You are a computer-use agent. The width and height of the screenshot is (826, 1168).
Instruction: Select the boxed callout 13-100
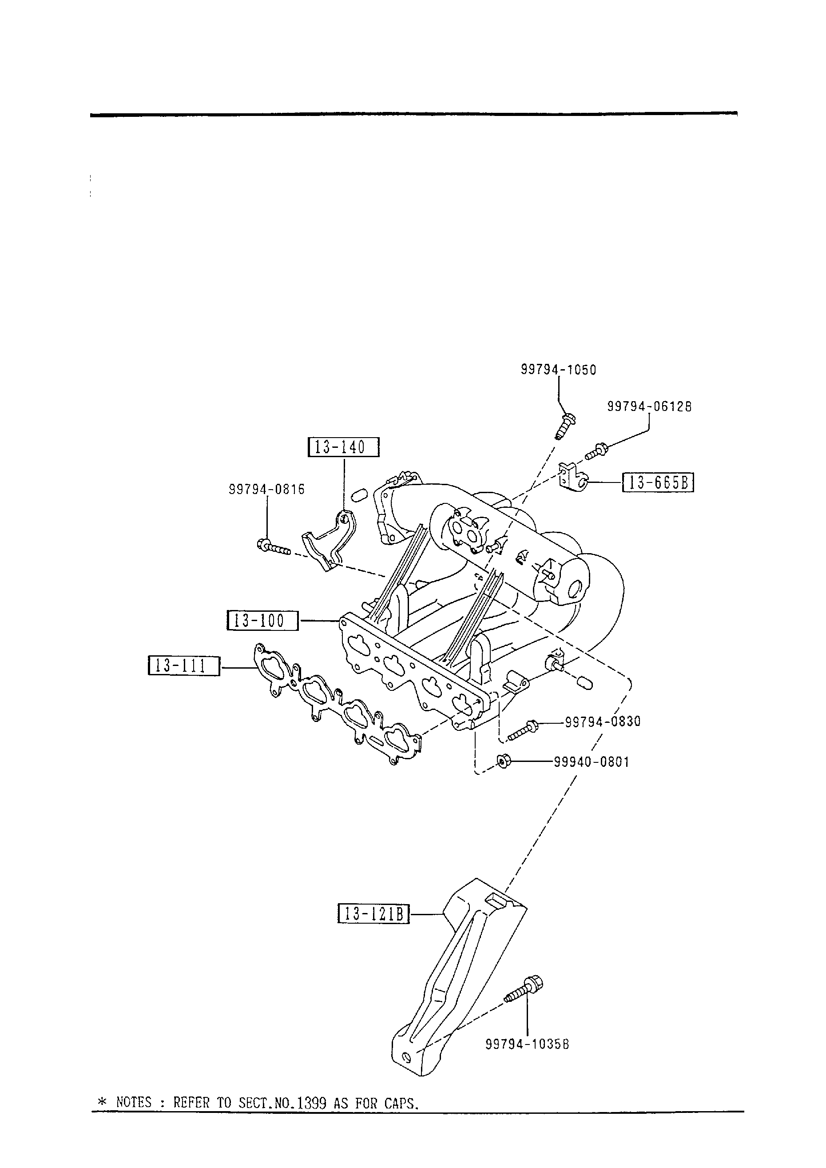262,621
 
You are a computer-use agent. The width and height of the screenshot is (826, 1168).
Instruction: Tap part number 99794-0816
266,490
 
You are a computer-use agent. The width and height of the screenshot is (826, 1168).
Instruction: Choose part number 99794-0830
603,722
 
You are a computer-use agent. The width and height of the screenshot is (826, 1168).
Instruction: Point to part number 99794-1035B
528,1044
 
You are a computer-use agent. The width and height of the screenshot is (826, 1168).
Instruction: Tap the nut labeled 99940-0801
503,761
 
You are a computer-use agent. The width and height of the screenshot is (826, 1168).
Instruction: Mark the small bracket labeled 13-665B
572,478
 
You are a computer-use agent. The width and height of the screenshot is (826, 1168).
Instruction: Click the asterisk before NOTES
101,1102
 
